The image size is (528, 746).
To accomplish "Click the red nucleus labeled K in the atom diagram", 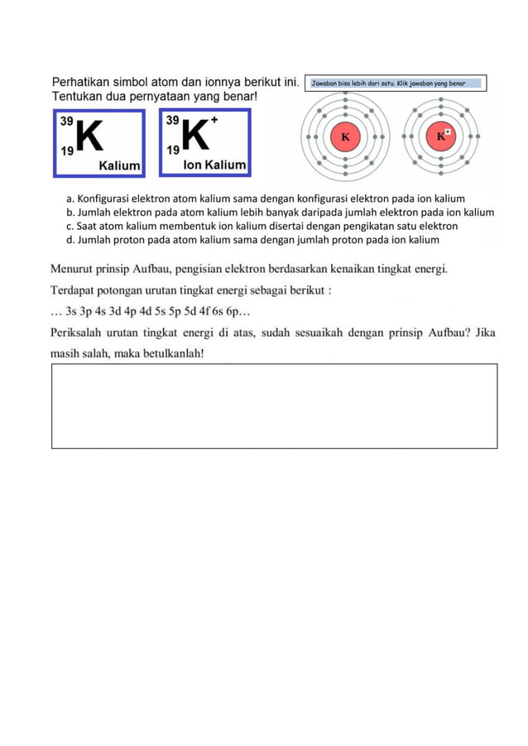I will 345,136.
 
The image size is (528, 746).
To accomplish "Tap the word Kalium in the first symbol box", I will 119,165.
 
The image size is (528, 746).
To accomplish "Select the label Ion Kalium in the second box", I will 214,165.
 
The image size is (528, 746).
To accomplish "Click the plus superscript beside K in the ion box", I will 214,120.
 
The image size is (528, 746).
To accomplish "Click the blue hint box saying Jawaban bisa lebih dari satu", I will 396,84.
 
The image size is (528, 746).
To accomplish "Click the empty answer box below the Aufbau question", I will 274,405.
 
